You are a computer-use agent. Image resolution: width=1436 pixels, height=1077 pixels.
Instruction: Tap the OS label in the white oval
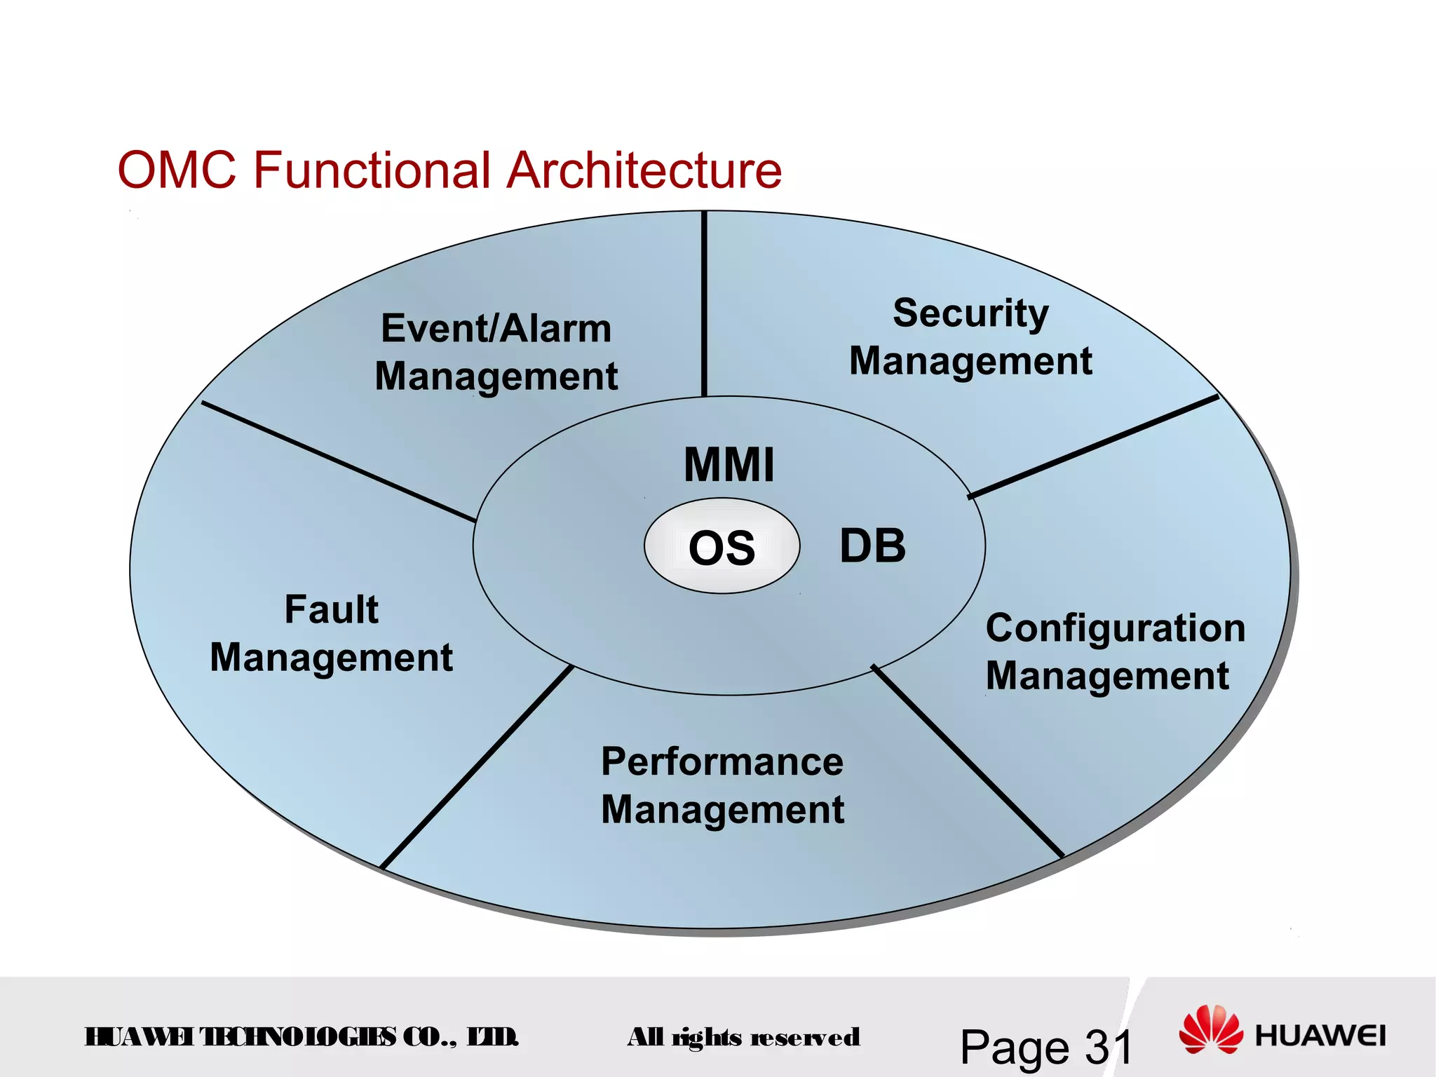tap(722, 548)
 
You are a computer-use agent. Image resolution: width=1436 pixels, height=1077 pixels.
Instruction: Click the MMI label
tap(729, 465)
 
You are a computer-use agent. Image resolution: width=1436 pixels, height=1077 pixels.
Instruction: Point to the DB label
tap(872, 546)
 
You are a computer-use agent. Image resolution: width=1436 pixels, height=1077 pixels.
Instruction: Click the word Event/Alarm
tap(496, 328)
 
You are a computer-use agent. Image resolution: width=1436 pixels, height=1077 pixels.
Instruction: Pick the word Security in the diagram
tap(970, 313)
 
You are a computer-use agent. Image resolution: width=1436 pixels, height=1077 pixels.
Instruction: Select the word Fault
tap(331, 609)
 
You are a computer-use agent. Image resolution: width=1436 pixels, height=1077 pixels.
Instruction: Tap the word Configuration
tap(1115, 628)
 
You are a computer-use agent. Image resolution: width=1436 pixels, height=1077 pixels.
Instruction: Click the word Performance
tap(722, 761)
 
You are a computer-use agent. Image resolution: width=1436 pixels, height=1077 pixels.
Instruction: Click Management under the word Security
tap(970, 362)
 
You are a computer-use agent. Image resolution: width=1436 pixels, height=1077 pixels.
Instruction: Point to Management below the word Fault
tap(331, 658)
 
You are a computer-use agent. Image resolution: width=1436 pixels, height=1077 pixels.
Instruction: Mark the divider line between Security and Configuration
tap(1094, 447)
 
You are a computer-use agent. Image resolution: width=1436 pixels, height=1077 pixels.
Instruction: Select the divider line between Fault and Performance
tap(477, 767)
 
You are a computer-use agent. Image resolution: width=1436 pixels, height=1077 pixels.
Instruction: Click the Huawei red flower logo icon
tap(1210, 1029)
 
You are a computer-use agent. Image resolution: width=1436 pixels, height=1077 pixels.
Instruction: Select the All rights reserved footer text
tap(743, 1037)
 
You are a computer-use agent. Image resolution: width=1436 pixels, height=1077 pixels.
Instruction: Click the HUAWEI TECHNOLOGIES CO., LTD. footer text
tap(302, 1037)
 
